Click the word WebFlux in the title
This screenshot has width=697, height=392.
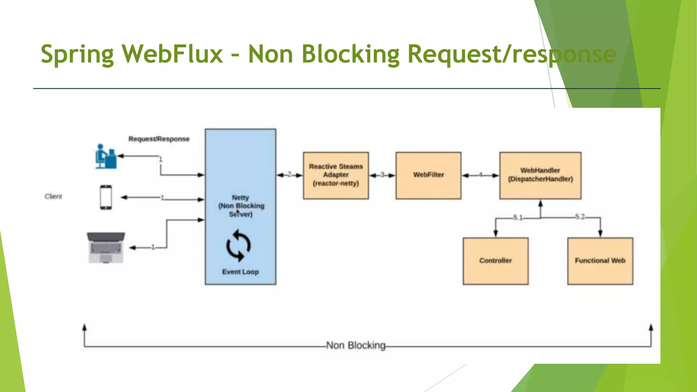pyautogui.click(x=173, y=54)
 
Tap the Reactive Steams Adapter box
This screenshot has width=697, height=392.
pyautogui.click(x=336, y=175)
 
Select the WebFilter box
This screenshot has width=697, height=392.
pyautogui.click(x=428, y=175)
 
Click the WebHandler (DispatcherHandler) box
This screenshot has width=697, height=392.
pyautogui.click(x=540, y=175)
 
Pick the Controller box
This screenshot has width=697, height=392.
pyautogui.click(x=496, y=261)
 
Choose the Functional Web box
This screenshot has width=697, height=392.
pyautogui.click(x=600, y=261)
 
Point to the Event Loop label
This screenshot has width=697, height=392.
pyautogui.click(x=240, y=272)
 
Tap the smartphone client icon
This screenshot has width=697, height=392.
pyautogui.click(x=106, y=197)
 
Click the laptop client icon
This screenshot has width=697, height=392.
pyautogui.click(x=106, y=248)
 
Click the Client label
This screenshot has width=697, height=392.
pyautogui.click(x=53, y=197)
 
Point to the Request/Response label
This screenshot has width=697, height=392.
pyautogui.click(x=159, y=139)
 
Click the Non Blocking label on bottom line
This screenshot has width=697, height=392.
pyautogui.click(x=356, y=345)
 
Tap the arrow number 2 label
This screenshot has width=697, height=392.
pyautogui.click(x=290, y=175)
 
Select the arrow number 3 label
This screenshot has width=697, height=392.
pyautogui.click(x=382, y=175)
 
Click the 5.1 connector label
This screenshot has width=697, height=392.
pyautogui.click(x=518, y=217)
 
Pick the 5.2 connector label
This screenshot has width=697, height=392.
pyautogui.click(x=580, y=217)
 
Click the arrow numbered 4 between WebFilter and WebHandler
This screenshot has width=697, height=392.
pyautogui.click(x=481, y=175)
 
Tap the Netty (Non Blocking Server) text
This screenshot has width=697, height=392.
pyautogui.click(x=241, y=206)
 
